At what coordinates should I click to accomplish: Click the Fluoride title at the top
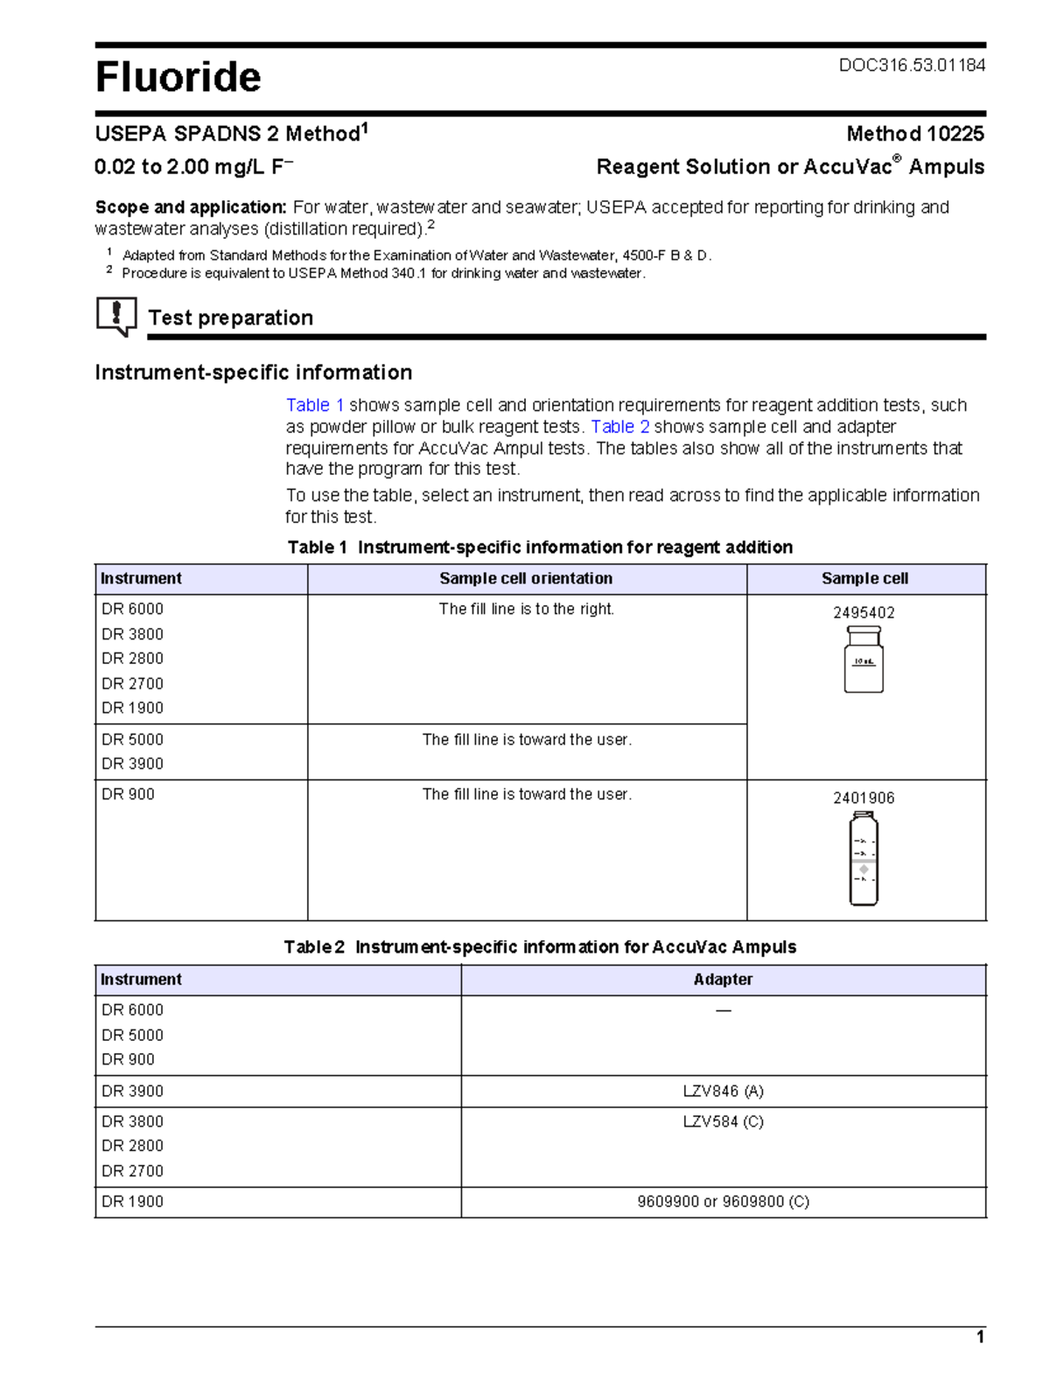(x=178, y=77)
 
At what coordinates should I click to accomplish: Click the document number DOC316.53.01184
(x=912, y=65)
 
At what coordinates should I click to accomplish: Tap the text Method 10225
(x=914, y=134)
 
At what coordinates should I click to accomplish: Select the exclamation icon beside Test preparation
(x=116, y=316)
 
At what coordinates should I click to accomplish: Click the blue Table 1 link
(x=315, y=405)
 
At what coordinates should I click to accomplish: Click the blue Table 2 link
(x=619, y=427)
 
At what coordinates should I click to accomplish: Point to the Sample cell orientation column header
(x=526, y=578)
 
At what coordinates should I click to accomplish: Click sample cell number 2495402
(x=863, y=612)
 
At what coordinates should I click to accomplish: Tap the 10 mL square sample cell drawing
(x=863, y=660)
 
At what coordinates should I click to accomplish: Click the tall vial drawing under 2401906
(x=863, y=858)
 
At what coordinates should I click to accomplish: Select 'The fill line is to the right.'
(x=526, y=609)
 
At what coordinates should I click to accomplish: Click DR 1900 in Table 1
(x=132, y=708)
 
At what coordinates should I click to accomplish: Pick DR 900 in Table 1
(x=128, y=794)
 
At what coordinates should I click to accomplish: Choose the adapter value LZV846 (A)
(x=723, y=1091)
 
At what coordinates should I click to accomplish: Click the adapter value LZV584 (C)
(x=723, y=1121)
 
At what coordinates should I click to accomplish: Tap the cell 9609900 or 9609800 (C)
(x=723, y=1202)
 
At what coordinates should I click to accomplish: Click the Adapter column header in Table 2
(x=723, y=980)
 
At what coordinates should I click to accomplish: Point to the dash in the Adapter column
(x=723, y=1010)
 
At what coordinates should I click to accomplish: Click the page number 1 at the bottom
(x=980, y=1337)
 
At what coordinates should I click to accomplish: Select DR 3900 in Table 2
(x=132, y=1091)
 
